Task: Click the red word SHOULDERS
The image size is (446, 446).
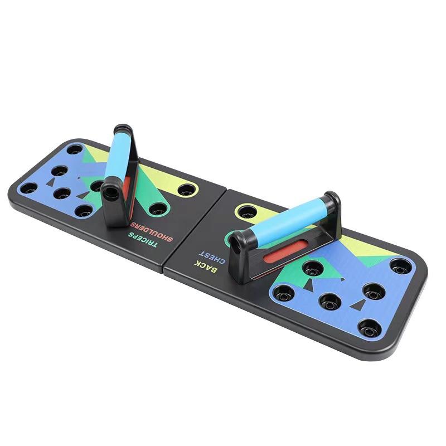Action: click(152, 232)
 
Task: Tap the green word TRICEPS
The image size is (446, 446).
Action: click(142, 240)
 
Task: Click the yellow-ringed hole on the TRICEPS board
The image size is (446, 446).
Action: click(187, 190)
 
